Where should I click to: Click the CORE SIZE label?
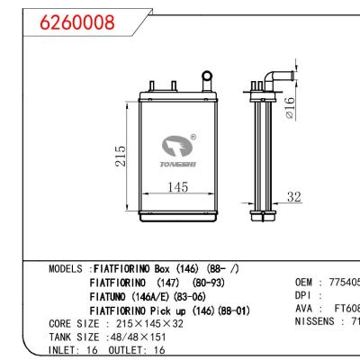coord(72,323)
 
